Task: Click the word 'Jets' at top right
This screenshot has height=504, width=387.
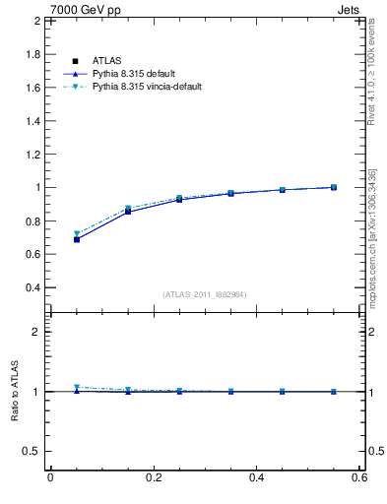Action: click(x=353, y=8)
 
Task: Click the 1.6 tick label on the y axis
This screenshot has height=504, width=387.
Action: click(x=32, y=88)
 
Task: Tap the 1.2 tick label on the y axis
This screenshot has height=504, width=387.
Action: click(x=32, y=155)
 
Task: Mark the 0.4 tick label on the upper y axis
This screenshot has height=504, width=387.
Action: click(x=32, y=287)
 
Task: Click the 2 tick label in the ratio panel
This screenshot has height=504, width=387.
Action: click(x=36, y=332)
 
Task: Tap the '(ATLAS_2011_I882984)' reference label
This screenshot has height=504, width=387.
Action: click(x=204, y=294)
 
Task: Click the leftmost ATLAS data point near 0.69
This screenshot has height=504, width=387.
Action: click(x=77, y=239)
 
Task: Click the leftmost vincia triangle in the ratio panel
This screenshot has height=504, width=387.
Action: click(x=77, y=387)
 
